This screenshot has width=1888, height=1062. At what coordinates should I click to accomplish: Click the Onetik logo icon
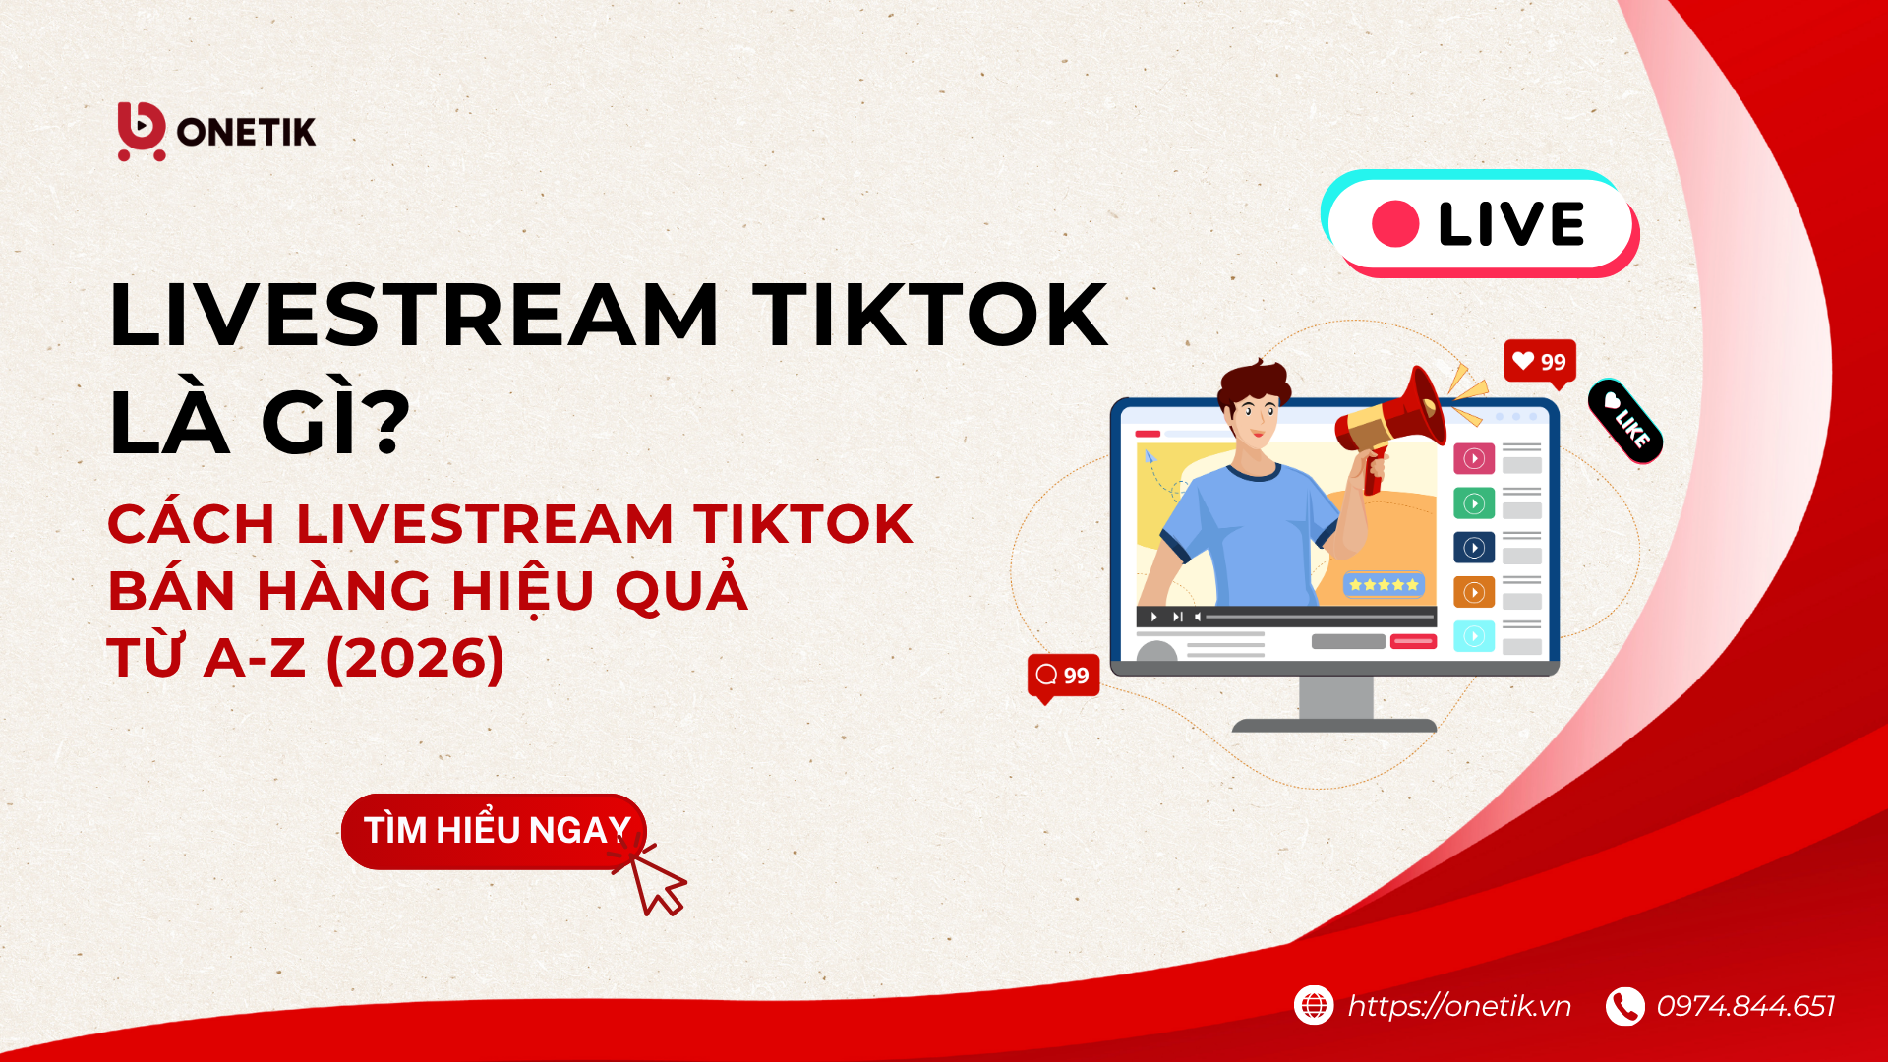[142, 131]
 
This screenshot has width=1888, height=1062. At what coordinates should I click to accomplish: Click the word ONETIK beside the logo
[247, 132]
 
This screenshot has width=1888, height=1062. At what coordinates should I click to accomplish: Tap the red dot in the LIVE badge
[1395, 224]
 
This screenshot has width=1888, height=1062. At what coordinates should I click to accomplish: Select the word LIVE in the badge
[1511, 224]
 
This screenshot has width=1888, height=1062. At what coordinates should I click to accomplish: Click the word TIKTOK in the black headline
[930, 315]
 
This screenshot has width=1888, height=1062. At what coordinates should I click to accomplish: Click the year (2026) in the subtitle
[415, 658]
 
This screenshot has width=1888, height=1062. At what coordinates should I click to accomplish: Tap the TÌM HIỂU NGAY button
[494, 831]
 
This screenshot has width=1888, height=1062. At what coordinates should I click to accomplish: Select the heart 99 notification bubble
[1540, 362]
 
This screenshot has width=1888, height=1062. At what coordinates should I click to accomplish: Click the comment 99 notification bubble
[1063, 677]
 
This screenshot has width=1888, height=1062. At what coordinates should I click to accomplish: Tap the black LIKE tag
[1625, 422]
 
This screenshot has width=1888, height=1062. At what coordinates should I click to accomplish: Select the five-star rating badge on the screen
[1384, 585]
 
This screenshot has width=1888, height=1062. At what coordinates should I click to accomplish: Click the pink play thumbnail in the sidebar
[1474, 458]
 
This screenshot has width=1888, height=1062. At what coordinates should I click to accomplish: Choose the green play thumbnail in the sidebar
[1474, 503]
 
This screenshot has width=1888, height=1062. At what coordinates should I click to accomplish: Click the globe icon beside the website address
[1314, 1005]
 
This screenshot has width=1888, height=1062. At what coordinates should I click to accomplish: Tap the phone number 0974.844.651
[1745, 1006]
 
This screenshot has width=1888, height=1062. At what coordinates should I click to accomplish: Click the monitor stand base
[1334, 726]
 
